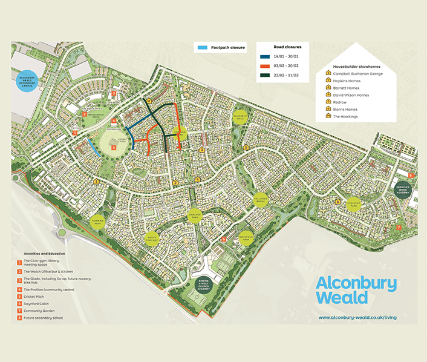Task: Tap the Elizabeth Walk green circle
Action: (240, 119)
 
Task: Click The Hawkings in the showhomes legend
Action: (346, 116)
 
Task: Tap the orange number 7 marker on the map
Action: (399, 227)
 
